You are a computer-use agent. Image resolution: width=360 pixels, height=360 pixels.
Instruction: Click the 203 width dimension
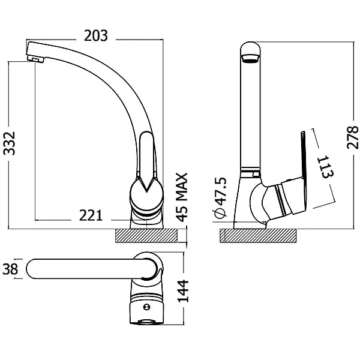coord(96,36)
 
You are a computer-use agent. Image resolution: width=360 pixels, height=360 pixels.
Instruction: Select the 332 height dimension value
coord(10,143)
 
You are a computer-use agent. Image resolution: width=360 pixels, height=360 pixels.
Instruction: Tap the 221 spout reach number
coord(91,216)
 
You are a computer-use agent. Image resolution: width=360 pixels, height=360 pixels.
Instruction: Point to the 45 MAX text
coord(183,197)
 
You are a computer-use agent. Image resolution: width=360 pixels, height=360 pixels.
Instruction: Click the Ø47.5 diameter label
coord(221,197)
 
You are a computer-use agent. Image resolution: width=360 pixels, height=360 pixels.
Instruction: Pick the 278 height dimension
coord(352,137)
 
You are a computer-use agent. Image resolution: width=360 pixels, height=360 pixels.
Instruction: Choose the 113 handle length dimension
coord(326,167)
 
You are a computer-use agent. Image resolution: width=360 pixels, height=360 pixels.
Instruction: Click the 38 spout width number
coord(10,269)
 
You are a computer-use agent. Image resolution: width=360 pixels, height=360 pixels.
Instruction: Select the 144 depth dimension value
coord(183,291)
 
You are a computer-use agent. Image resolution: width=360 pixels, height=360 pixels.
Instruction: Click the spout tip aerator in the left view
coord(35,59)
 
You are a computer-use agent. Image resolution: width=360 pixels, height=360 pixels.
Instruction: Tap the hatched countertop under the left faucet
coord(146,236)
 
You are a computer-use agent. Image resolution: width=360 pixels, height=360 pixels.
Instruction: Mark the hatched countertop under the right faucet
coord(258,236)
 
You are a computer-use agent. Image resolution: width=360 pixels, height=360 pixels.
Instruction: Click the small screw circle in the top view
coord(146,307)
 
